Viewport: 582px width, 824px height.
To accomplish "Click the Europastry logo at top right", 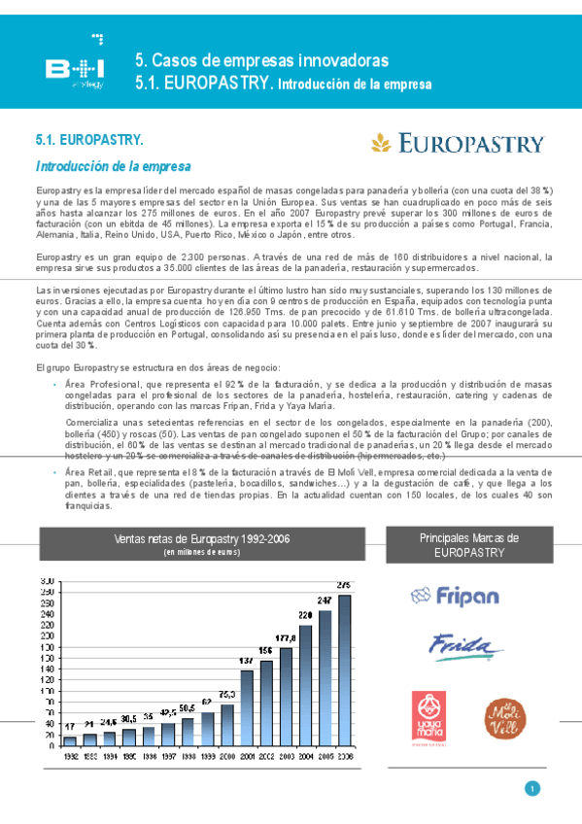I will click(457, 144).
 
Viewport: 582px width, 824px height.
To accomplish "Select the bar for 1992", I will click(71, 741).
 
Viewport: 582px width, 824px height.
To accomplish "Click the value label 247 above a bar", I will click(325, 601).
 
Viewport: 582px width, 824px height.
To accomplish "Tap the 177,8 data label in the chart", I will click(286, 638).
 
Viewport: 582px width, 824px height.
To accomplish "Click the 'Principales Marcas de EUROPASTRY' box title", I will click(468, 544).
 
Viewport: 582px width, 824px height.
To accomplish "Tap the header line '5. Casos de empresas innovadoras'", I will click(261, 61).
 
